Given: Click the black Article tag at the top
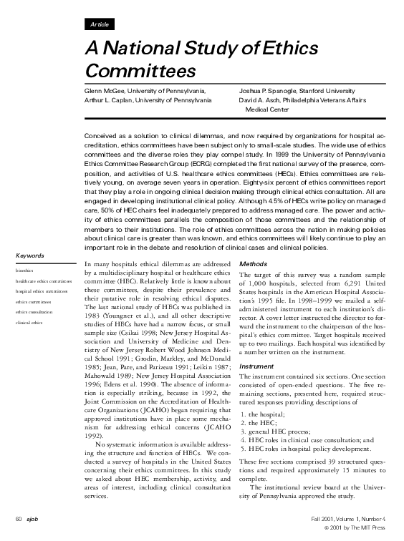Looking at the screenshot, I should tap(100, 24).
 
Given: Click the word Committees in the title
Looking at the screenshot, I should tap(140, 72).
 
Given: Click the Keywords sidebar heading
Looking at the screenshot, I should tap(30, 255).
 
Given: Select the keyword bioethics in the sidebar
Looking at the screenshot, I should tap(25, 271).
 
